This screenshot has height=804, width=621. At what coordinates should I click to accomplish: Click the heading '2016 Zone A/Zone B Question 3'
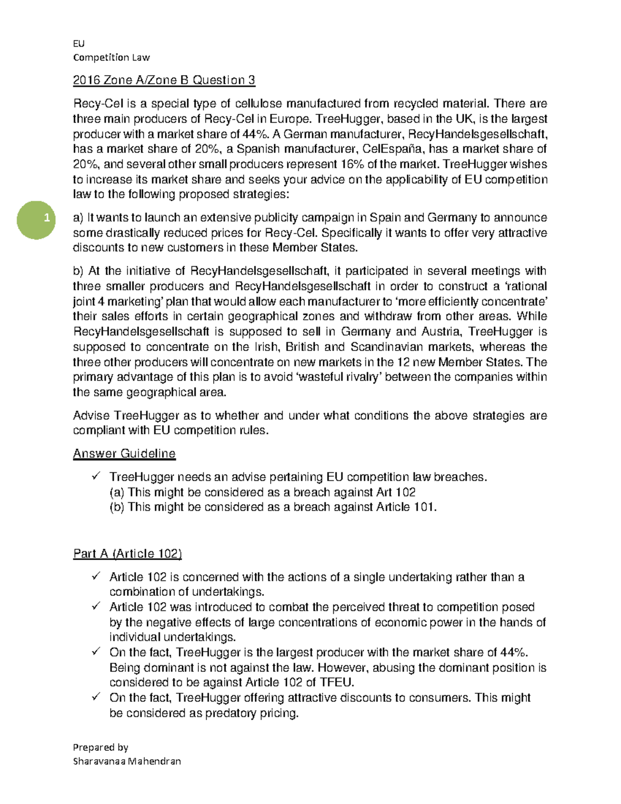[164, 80]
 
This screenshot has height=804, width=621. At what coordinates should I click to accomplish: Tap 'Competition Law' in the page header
[111, 57]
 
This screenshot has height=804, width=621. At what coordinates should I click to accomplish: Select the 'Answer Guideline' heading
[124, 454]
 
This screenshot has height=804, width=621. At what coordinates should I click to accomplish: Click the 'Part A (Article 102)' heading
[127, 553]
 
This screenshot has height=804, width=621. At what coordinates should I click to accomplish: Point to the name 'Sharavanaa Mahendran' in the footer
[127, 761]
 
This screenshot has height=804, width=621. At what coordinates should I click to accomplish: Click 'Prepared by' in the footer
[100, 747]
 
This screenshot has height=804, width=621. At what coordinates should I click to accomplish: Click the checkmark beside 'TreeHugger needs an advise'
[96, 476]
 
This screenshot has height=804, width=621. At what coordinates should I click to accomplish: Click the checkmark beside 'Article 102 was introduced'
[96, 606]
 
